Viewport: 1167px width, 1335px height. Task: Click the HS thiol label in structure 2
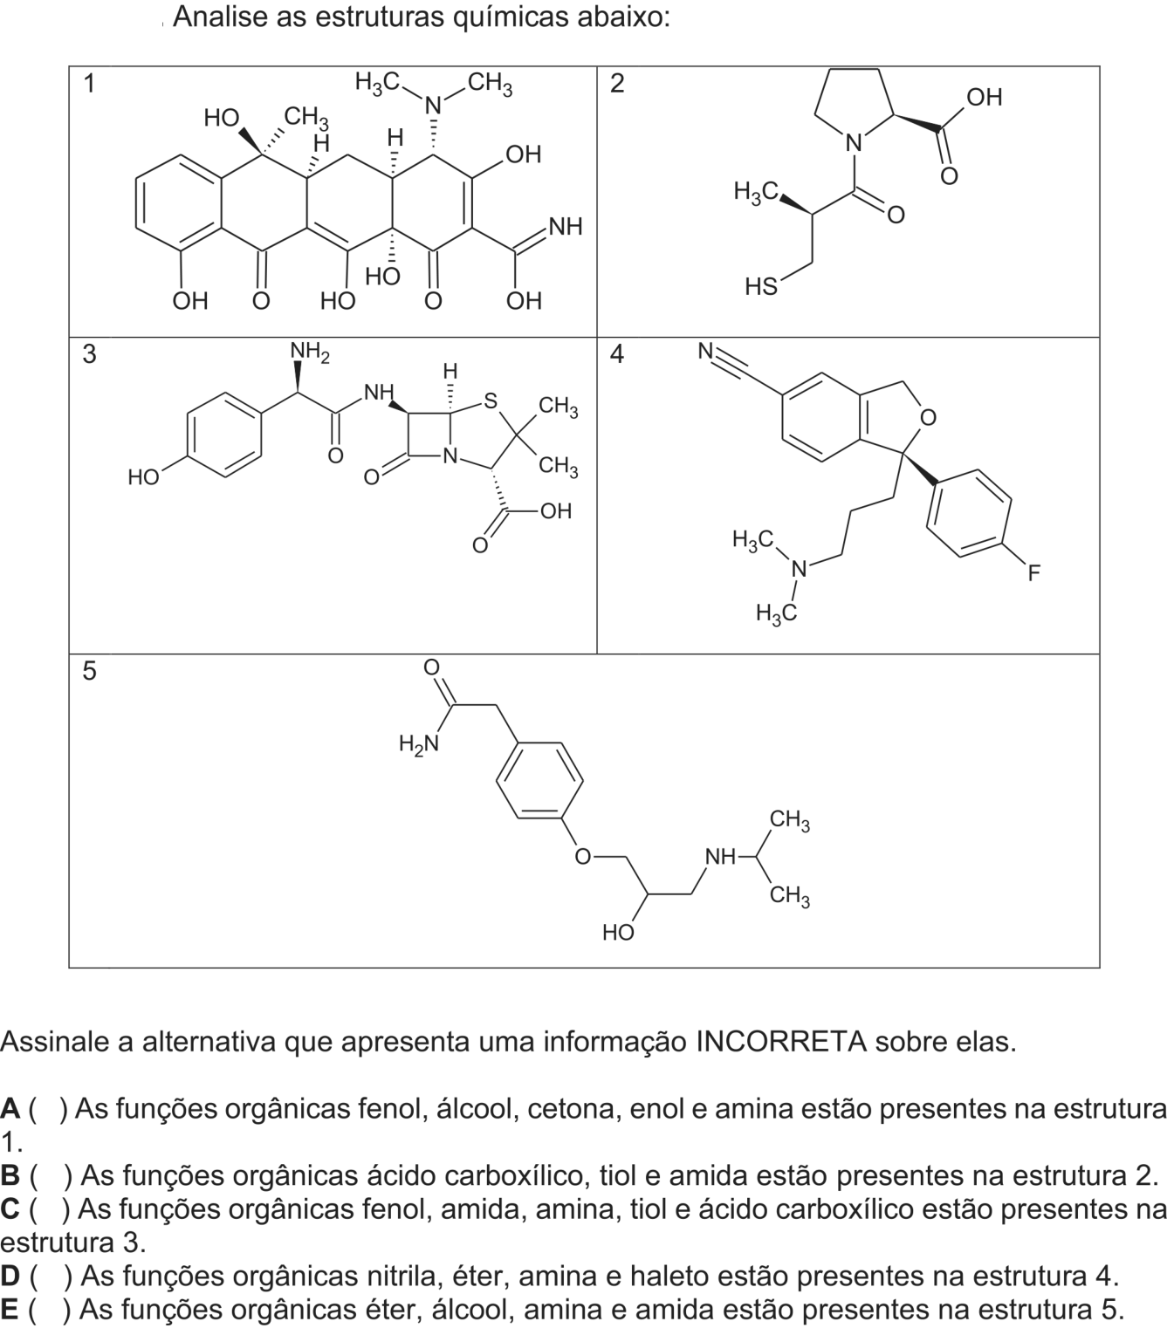[761, 286]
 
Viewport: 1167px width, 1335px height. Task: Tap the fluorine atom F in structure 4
[1033, 573]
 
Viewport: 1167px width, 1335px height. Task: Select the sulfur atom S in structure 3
[491, 400]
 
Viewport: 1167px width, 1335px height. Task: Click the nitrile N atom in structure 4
[705, 351]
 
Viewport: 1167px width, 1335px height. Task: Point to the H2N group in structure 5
[419, 743]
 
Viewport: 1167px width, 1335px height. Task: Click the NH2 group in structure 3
[310, 352]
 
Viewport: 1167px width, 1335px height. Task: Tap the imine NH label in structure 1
[566, 226]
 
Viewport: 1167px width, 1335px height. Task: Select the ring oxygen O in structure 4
[928, 417]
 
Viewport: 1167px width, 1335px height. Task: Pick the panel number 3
[89, 353]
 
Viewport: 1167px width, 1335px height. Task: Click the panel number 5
[89, 670]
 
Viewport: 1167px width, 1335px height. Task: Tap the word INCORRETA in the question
[781, 1041]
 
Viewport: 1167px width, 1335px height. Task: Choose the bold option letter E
[10, 1309]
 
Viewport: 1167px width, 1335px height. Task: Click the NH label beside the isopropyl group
[721, 857]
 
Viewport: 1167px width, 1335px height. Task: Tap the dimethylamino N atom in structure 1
[433, 105]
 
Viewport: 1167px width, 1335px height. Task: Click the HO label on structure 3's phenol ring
[144, 477]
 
